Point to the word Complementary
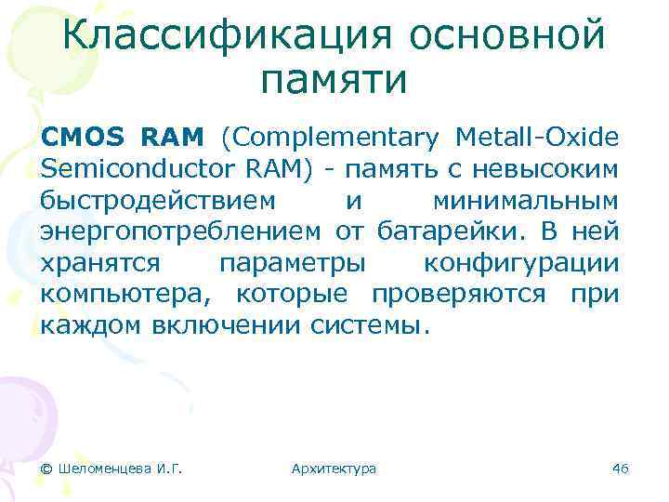329,139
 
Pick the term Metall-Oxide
537,139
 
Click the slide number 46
621,469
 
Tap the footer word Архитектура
334,469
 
